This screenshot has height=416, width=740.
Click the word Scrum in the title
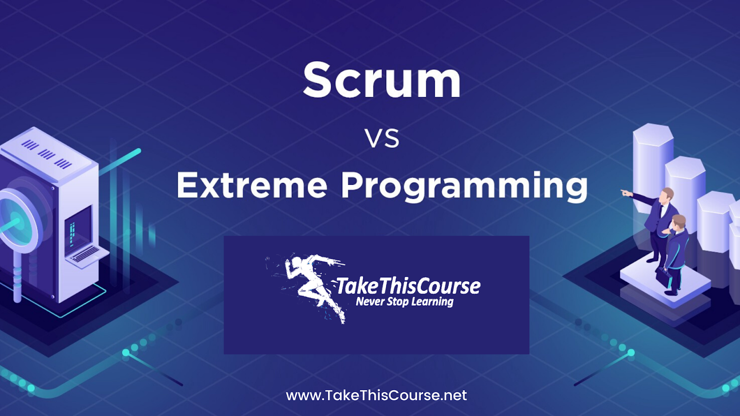point(382,80)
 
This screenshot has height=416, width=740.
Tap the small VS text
point(382,138)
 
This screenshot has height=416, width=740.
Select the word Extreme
point(252,185)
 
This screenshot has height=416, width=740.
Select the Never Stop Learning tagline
point(405,302)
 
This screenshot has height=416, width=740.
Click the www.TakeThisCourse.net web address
point(376,396)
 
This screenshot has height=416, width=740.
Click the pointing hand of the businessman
point(626,192)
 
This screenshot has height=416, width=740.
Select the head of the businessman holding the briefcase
point(679,222)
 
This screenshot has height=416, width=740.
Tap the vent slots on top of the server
point(46,154)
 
